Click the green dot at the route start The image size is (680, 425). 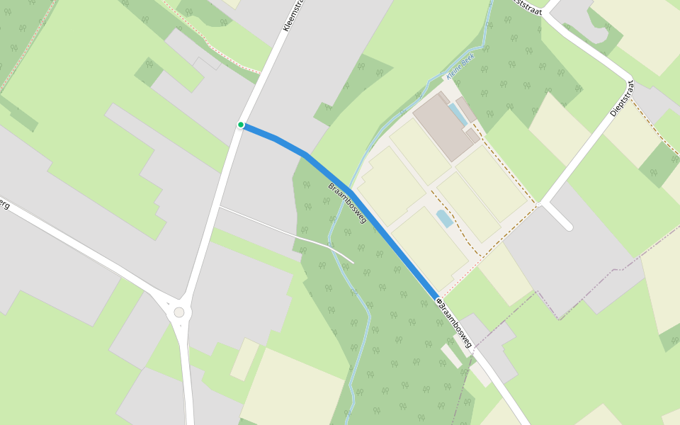point(241,125)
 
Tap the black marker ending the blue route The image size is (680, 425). point(439,302)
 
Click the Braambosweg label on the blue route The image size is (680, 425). point(347,203)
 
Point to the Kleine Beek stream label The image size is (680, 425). point(460,65)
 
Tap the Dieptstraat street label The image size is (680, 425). point(620,98)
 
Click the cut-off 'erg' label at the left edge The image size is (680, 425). point(5,205)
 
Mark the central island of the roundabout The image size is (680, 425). point(178,312)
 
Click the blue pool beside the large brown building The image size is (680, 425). point(457,113)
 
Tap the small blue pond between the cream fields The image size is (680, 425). point(445,218)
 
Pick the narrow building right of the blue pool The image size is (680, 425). point(465,110)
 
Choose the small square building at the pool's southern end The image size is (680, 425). point(472,135)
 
